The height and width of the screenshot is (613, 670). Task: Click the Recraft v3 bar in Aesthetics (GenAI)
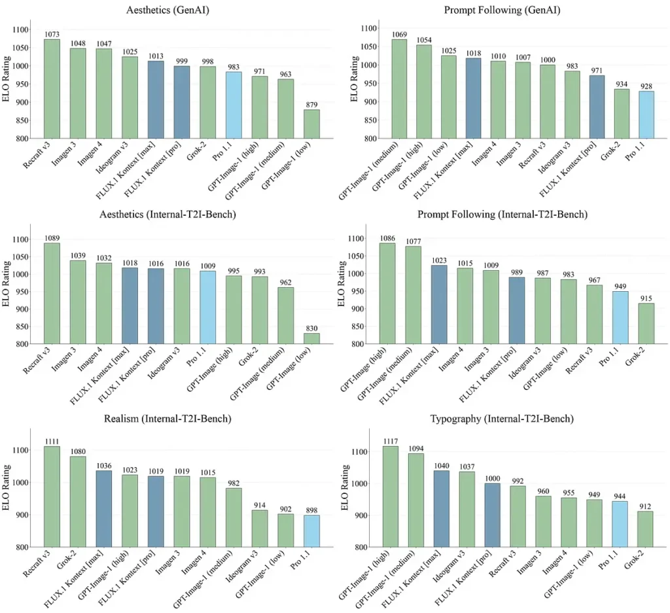click(52, 89)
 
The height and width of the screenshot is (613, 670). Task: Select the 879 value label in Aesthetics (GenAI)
click(311, 105)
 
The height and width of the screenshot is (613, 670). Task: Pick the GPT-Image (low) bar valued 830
click(311, 338)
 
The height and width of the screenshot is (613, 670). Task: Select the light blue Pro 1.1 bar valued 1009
click(207, 307)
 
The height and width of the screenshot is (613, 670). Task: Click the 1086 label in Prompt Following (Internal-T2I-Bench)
click(387, 238)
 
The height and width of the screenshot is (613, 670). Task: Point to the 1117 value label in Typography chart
click(390, 441)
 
